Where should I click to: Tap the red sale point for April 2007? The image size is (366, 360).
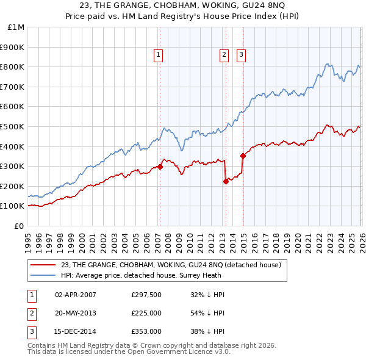(x=160, y=167)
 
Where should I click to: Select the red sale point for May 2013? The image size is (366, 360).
(x=226, y=181)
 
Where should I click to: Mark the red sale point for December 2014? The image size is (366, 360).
(x=243, y=155)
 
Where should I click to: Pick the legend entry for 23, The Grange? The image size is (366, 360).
(x=171, y=265)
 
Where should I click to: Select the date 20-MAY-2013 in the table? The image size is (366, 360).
(x=76, y=313)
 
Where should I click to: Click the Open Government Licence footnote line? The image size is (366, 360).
(x=129, y=352)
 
